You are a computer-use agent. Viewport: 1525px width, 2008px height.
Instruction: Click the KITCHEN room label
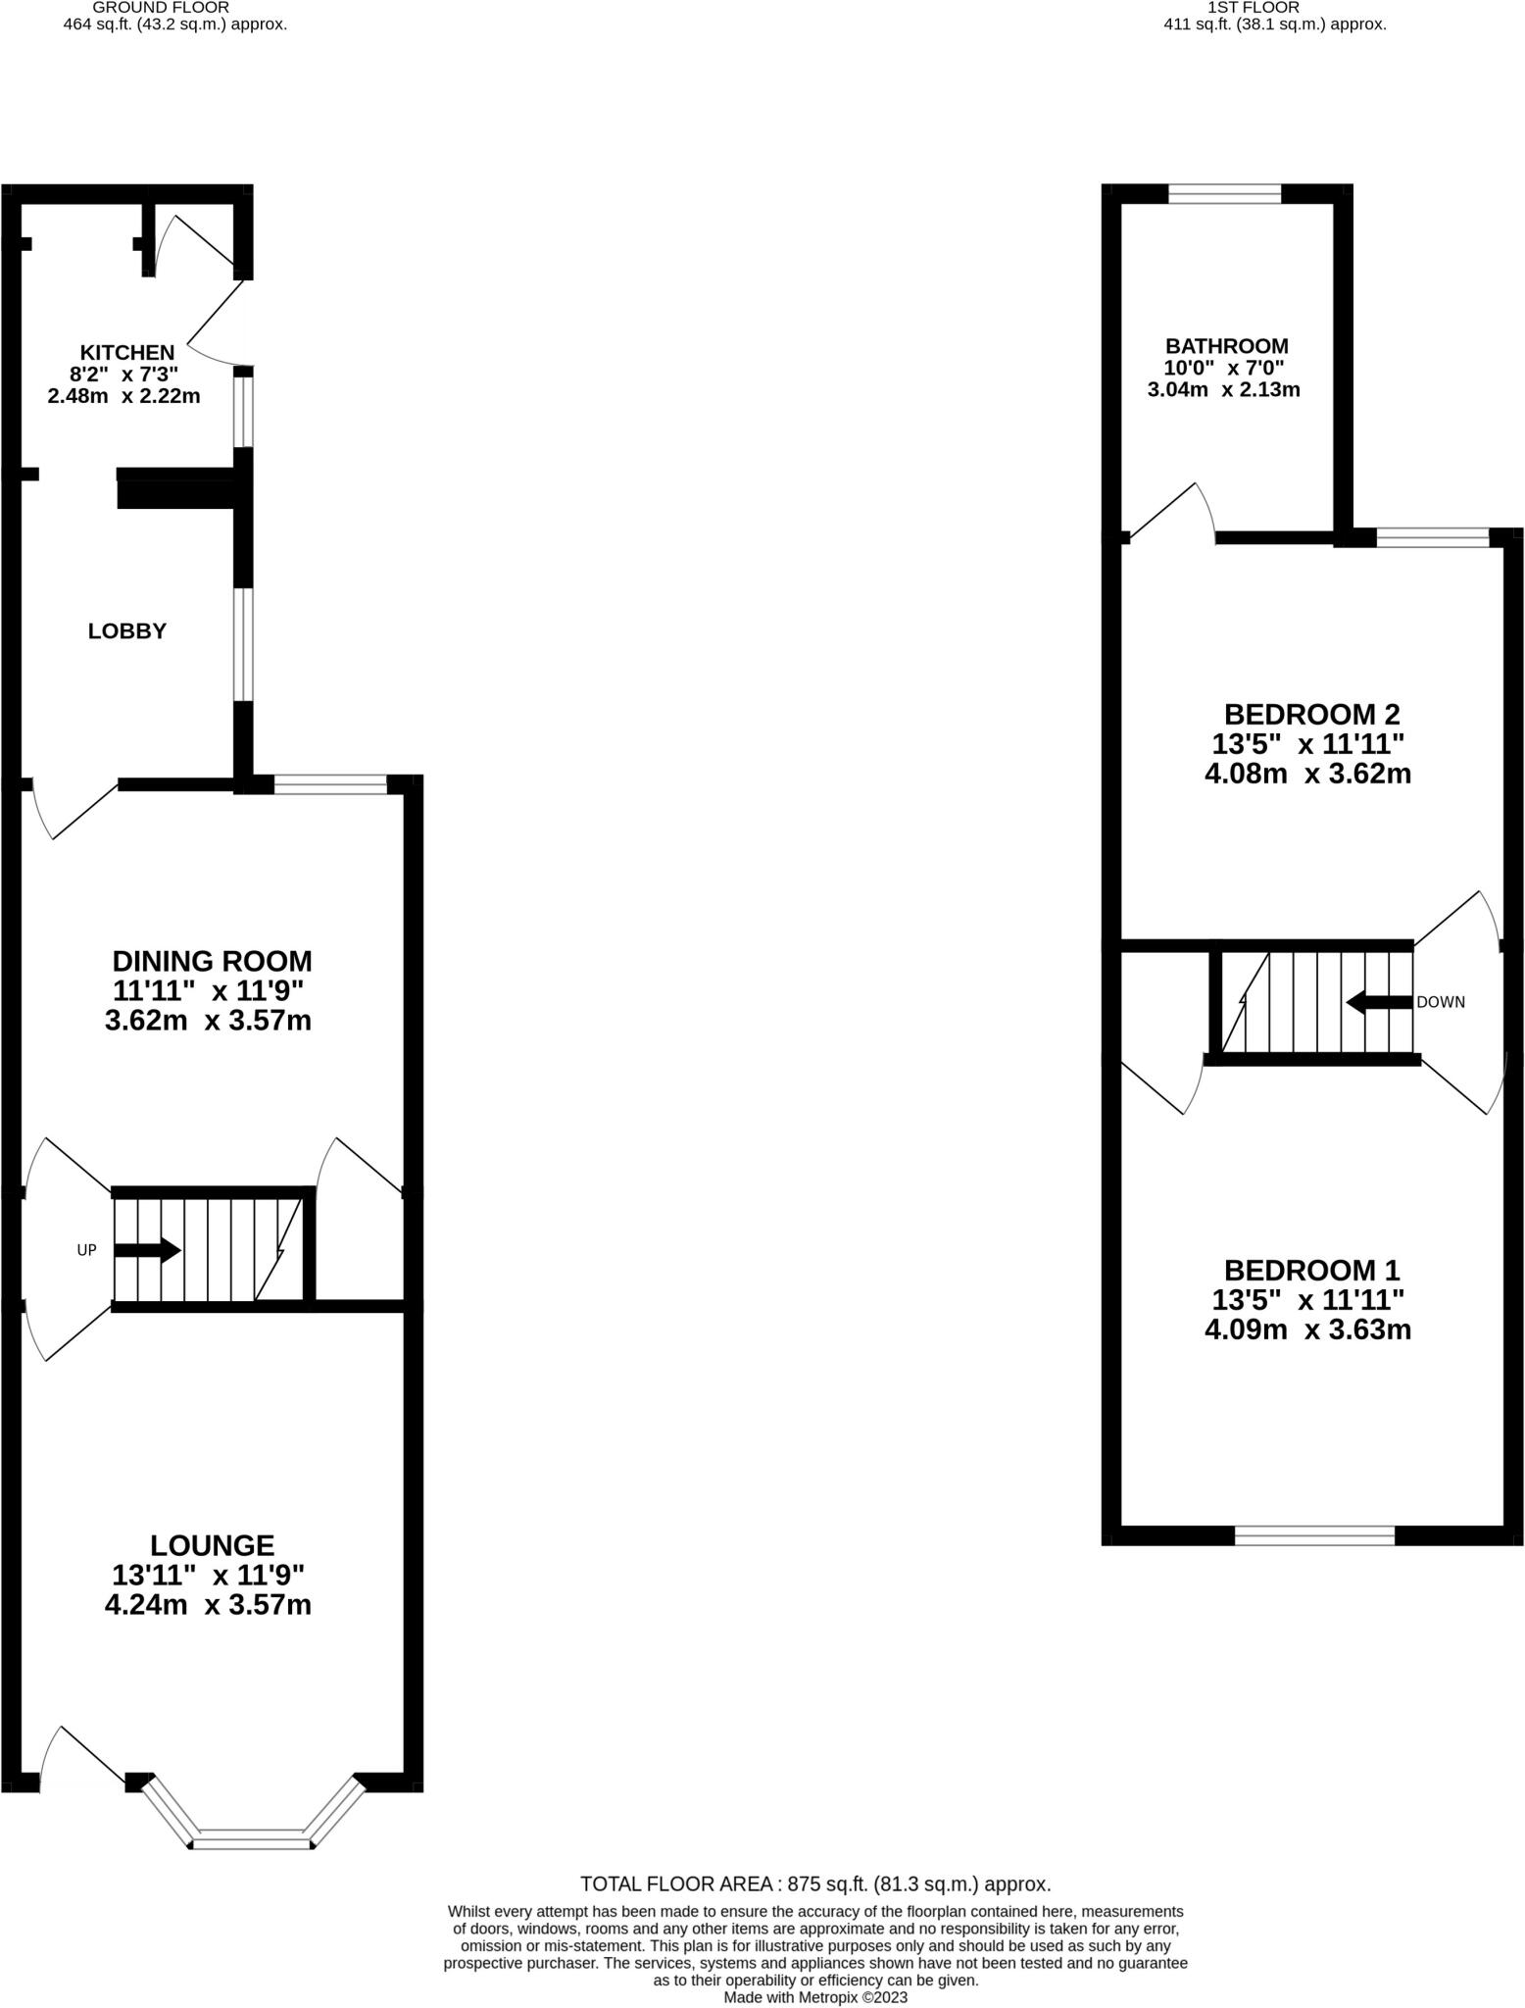click(127, 352)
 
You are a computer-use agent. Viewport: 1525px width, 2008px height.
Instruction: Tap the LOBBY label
click(127, 631)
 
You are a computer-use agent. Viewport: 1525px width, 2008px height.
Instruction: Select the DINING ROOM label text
click(213, 960)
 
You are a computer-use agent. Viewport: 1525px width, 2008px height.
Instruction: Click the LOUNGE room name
click(213, 1545)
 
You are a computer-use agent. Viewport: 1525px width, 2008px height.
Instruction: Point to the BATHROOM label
click(1227, 346)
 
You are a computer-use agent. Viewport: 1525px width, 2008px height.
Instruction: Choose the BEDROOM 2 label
click(1312, 714)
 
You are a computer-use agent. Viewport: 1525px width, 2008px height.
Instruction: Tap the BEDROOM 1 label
click(1312, 1271)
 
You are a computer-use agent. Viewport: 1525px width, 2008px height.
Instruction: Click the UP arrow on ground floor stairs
click(148, 1251)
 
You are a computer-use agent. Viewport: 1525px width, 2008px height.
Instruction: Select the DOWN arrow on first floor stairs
click(1379, 1002)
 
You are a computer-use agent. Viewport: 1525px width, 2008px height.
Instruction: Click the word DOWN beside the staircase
click(1441, 1002)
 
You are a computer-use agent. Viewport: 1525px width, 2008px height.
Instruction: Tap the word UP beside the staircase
click(87, 1251)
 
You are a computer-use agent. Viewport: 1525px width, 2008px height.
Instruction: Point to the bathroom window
click(1225, 194)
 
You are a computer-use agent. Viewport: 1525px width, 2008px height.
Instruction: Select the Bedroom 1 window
click(1314, 1536)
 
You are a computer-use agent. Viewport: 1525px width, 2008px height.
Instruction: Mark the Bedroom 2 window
click(1433, 537)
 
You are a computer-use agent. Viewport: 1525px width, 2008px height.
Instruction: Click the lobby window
click(243, 644)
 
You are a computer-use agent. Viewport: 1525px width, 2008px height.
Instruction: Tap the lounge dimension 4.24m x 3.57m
click(209, 1605)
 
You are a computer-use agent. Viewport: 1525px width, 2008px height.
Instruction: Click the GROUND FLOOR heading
click(161, 7)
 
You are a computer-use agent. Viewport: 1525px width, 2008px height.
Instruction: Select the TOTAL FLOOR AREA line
click(815, 1883)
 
